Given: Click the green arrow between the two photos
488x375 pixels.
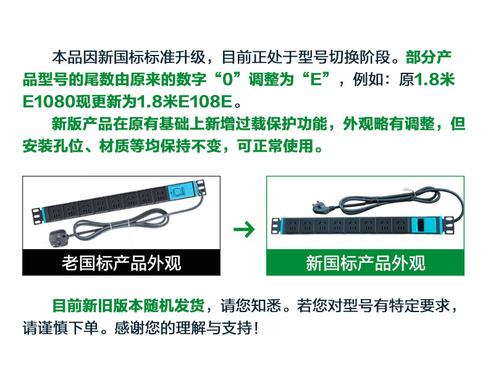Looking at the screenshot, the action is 244,229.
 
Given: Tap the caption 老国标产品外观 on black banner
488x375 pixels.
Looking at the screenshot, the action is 121,263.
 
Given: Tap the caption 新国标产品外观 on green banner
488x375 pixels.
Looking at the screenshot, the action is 365,263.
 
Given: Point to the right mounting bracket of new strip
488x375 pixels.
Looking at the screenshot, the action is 449,225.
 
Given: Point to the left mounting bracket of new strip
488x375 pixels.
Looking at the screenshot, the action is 276,226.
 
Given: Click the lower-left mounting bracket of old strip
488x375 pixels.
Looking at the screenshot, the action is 36,216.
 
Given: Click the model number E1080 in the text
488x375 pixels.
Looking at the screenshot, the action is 49,102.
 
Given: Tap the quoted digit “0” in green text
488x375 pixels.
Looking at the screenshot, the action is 228,79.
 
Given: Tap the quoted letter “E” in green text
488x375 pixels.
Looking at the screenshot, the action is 316,79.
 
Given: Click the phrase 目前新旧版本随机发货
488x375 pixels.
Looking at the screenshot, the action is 128,305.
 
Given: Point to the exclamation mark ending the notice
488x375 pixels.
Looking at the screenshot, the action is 256,328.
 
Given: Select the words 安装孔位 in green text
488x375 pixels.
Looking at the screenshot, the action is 53,146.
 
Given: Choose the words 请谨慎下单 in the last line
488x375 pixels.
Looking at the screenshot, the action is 61,328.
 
